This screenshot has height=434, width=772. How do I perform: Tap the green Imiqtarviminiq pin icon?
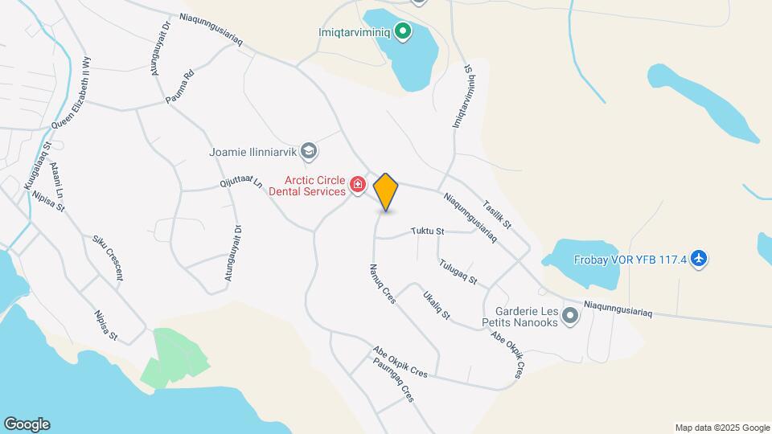click(x=404, y=33)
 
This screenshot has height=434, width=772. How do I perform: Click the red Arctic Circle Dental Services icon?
click(x=358, y=187)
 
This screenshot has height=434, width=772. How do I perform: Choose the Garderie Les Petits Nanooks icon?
click(x=571, y=315)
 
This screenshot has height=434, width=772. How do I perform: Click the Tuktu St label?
click(x=427, y=231)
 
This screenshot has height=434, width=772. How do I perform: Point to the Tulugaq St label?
click(x=458, y=272)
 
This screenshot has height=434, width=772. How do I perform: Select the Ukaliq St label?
click(x=437, y=305)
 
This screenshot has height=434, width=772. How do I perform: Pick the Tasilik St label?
click(x=497, y=213)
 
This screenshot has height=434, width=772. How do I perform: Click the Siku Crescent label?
click(x=108, y=257)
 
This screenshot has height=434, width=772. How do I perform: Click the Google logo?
click(x=27, y=424)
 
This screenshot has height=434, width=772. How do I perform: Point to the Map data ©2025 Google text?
click(x=721, y=428)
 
